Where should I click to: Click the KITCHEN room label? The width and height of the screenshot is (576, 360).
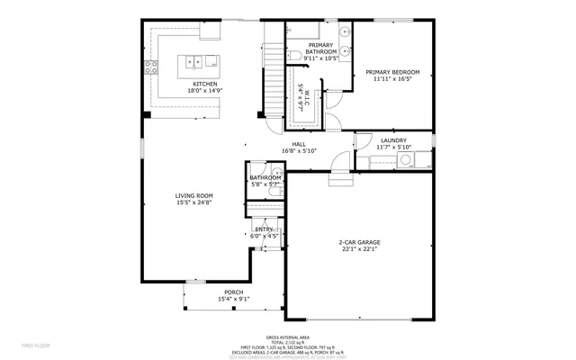(x=202, y=85)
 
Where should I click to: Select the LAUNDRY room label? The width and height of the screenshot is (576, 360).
(x=393, y=140)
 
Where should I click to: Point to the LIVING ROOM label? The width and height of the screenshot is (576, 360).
(x=193, y=195)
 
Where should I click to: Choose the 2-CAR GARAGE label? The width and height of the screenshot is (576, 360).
(x=358, y=242)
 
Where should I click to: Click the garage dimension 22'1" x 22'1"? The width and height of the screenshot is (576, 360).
(x=358, y=249)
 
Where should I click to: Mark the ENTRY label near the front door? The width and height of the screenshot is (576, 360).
(x=264, y=229)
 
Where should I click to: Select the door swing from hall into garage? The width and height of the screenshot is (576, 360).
(x=340, y=163)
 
